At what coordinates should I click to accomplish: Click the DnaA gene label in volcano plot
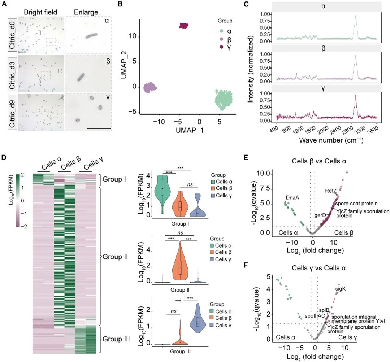292,197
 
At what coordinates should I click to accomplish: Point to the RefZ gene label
331,191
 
